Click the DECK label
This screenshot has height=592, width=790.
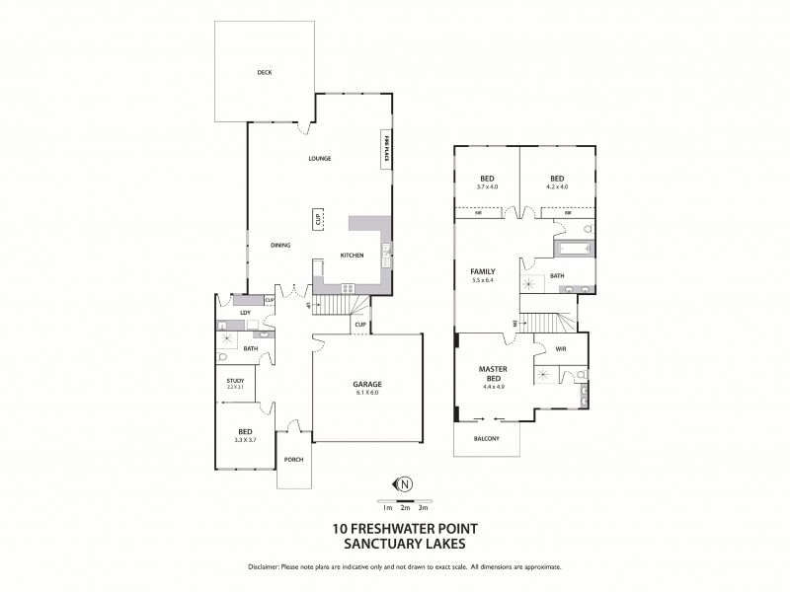(264, 72)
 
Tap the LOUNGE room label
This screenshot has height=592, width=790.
(318, 158)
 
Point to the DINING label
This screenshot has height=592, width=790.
(279, 245)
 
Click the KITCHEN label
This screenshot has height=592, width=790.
(352, 256)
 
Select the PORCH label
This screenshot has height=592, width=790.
(292, 460)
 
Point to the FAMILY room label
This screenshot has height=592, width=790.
(482, 271)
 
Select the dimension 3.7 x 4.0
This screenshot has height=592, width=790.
(487, 186)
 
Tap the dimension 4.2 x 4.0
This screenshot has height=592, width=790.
(556, 186)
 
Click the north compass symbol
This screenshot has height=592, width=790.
(404, 483)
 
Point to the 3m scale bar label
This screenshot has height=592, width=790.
(423, 507)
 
